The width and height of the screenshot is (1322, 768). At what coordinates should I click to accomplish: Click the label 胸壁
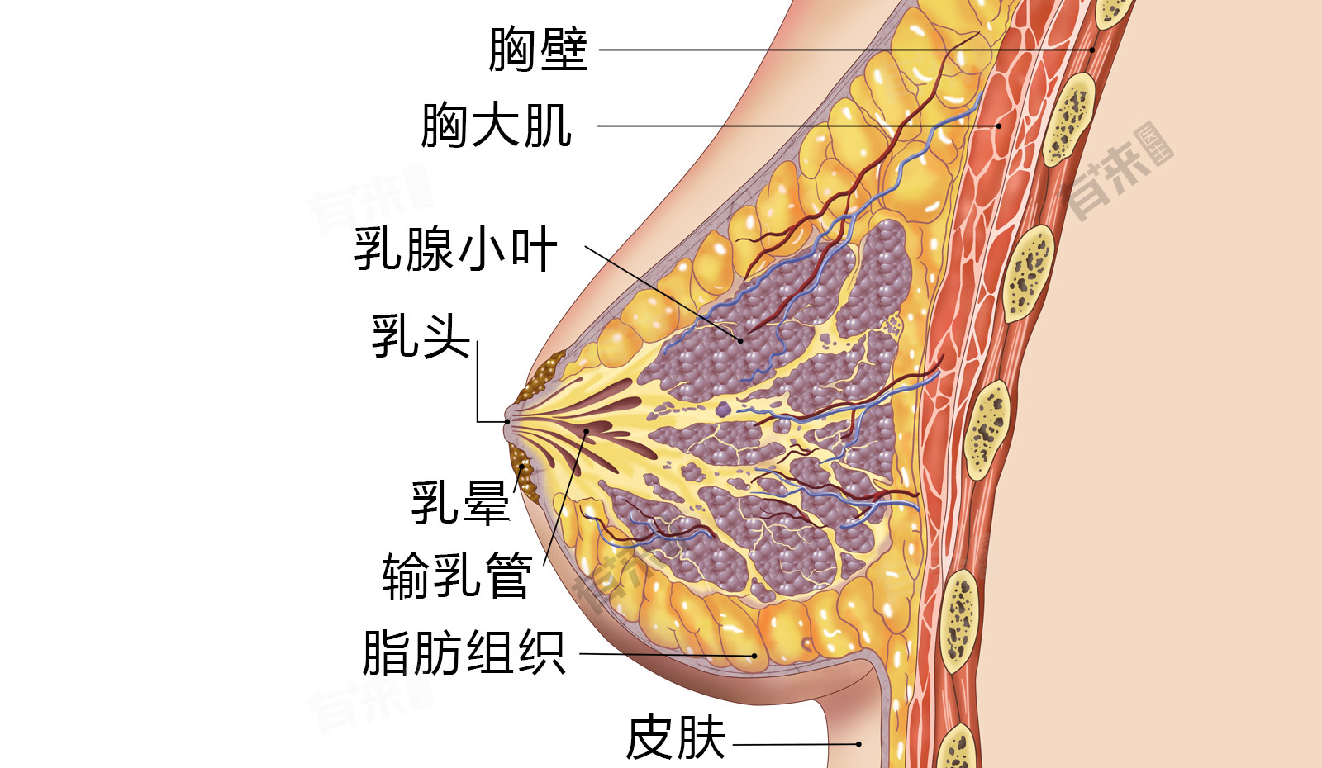[x=538, y=50]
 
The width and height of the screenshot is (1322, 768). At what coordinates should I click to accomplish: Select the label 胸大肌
[x=497, y=126]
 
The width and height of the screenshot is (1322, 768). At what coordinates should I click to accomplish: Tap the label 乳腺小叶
[x=456, y=249]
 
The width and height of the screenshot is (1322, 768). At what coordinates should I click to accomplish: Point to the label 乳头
[x=421, y=336]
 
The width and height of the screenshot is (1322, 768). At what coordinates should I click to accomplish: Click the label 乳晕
[x=461, y=502]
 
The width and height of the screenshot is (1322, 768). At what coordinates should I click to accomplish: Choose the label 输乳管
[x=457, y=575]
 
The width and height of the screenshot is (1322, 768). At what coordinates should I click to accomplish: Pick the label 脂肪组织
[x=464, y=652]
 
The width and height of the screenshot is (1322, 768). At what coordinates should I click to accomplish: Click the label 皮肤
[x=676, y=737]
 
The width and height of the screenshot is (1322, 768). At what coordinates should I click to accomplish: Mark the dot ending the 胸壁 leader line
[x=1092, y=50]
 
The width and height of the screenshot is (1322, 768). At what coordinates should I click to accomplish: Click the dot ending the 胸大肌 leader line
[x=998, y=126]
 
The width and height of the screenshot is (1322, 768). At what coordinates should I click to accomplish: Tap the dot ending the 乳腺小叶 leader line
[x=740, y=339]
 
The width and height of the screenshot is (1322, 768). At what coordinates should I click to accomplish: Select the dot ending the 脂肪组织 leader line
[x=754, y=656]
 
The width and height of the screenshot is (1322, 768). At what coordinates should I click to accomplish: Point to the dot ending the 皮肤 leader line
[x=859, y=744]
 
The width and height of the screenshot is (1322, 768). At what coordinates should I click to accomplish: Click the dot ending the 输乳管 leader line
[x=587, y=431]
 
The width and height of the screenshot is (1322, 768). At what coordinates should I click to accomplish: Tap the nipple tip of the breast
[x=507, y=422]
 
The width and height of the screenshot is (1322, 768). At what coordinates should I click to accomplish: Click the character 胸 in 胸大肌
[x=446, y=126]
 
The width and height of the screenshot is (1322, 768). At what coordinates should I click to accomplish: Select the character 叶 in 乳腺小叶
[x=534, y=249]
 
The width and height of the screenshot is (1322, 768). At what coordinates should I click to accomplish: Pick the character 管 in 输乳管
[x=508, y=575]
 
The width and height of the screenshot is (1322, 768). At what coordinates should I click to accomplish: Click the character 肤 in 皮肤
[x=701, y=737]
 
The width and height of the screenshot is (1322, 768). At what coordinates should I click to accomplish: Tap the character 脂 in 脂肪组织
[x=387, y=652]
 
